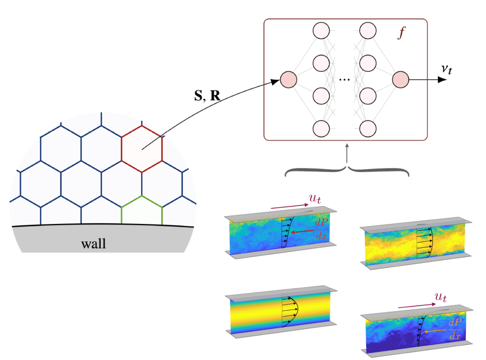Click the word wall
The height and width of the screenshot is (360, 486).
[x=94, y=244]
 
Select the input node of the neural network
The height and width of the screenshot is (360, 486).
[x=288, y=79]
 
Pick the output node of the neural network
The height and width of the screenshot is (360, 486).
[x=400, y=79]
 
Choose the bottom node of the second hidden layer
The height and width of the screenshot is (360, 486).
[x=368, y=128]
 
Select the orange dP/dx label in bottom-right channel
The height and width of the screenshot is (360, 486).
[x=455, y=329]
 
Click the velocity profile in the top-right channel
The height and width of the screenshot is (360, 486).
[x=425, y=243]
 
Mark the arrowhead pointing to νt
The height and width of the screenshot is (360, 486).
[x=442, y=79]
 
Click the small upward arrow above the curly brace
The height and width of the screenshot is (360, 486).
[x=348, y=152]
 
